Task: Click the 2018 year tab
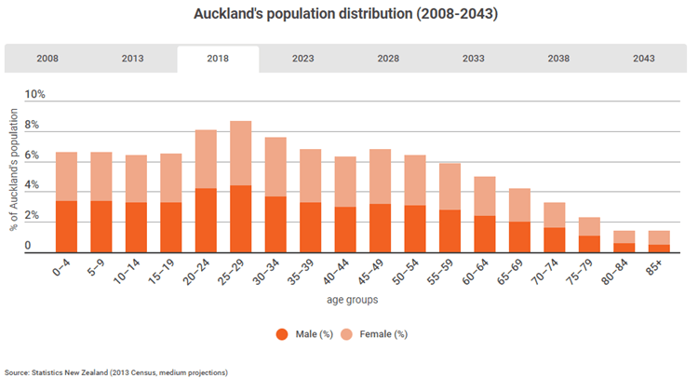(x=218, y=59)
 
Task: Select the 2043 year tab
(x=643, y=59)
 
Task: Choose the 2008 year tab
(x=47, y=59)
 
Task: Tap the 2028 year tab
(x=388, y=59)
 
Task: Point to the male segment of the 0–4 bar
(x=66, y=226)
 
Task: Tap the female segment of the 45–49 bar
(x=354, y=176)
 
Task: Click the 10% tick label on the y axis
(x=34, y=95)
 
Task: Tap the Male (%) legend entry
(x=303, y=333)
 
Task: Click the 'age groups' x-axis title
(x=352, y=300)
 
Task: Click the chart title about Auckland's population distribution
(x=346, y=15)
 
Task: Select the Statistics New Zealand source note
(x=115, y=371)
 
